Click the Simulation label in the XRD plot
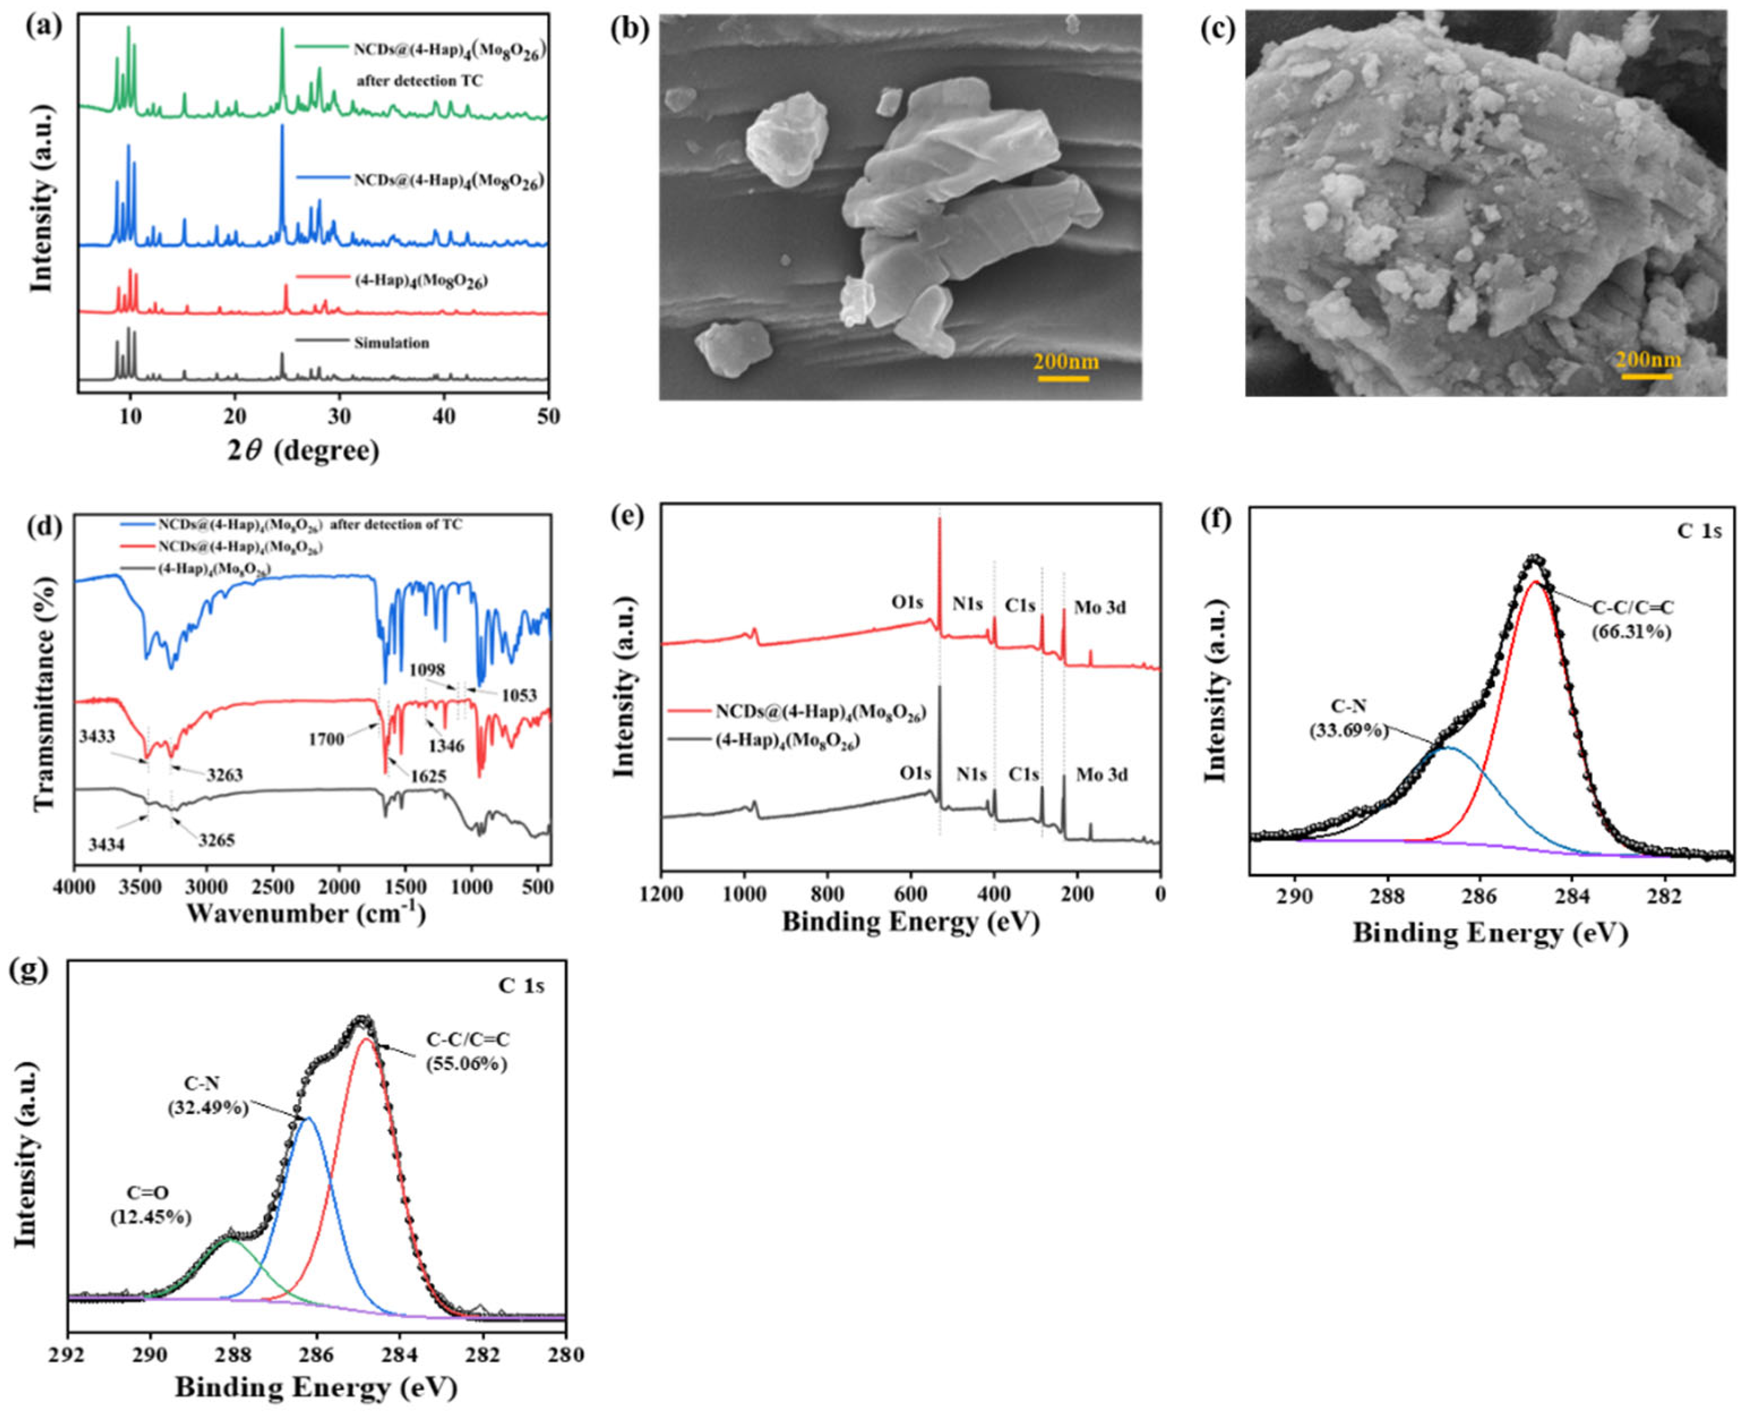(391, 343)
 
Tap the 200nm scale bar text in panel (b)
(1066, 361)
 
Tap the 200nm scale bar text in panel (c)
(1648, 359)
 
